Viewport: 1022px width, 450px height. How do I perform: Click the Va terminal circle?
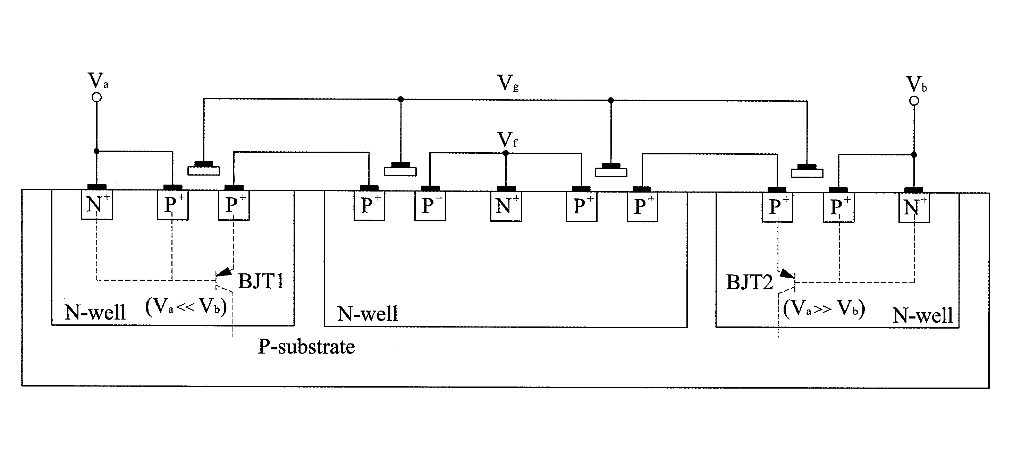tap(96, 97)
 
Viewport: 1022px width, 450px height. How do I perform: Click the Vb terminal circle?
tap(914, 101)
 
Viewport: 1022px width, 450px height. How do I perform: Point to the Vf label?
tap(507, 140)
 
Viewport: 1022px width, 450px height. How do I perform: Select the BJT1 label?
tap(261, 281)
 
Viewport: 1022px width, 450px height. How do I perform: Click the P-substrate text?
tap(306, 346)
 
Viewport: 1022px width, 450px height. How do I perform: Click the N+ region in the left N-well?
tap(97, 205)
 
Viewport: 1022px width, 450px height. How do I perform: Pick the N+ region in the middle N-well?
tap(506, 206)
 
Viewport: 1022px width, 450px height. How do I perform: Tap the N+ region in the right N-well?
tap(914, 207)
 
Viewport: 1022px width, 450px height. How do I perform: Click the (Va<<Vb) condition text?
tap(186, 306)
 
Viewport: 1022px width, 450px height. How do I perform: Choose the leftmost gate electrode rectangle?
tap(203, 171)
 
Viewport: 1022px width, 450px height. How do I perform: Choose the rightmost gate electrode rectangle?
tap(807, 173)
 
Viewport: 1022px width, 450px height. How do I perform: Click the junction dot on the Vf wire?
tap(506, 153)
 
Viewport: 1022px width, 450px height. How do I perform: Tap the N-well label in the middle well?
tap(368, 314)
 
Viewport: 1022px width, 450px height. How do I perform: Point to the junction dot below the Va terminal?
tap(96, 151)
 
